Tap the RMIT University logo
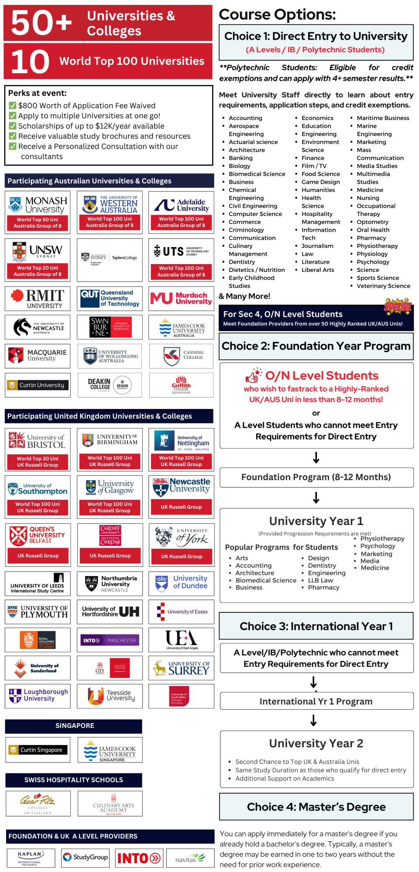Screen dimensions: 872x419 tap(38, 299)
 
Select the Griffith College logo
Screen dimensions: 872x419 tap(181, 385)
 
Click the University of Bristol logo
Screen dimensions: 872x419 tap(38, 441)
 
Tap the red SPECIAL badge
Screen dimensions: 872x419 tap(398, 307)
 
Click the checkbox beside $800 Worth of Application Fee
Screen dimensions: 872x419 tap(13, 106)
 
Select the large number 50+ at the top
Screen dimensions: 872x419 tap(41, 23)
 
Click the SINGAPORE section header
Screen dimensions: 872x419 tap(74, 726)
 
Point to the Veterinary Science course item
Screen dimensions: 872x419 tap(383, 286)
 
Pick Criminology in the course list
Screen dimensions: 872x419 tap(246, 230)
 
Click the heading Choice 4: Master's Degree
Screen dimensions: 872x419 tap(316, 807)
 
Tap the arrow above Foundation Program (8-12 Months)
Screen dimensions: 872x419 tap(316, 457)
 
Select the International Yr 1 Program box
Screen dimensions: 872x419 tap(316, 701)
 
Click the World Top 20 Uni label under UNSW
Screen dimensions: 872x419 tap(38, 268)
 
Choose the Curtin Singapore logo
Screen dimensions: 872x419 tap(38, 750)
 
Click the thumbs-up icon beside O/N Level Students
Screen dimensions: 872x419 tap(254, 375)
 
